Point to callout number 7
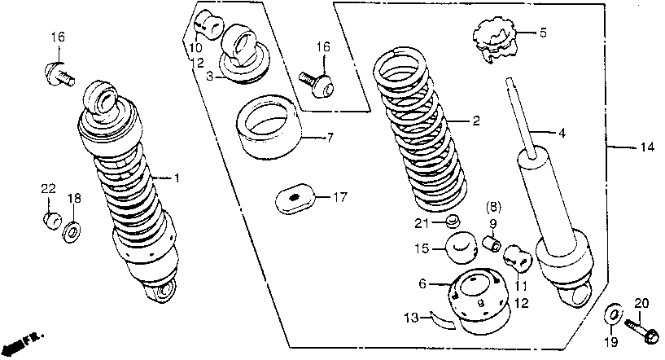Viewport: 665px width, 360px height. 330,138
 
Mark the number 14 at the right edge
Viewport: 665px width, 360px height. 647,148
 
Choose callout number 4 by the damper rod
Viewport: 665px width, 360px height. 562,132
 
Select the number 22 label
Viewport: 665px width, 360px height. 47,189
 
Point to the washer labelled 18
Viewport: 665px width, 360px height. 72,233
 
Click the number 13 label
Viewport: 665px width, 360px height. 412,315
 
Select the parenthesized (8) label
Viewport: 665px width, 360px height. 493,207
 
